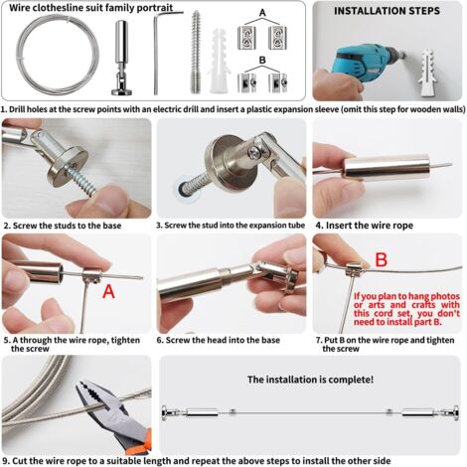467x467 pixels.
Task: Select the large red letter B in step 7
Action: click(x=381, y=261)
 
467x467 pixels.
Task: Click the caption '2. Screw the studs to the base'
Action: click(x=61, y=226)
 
